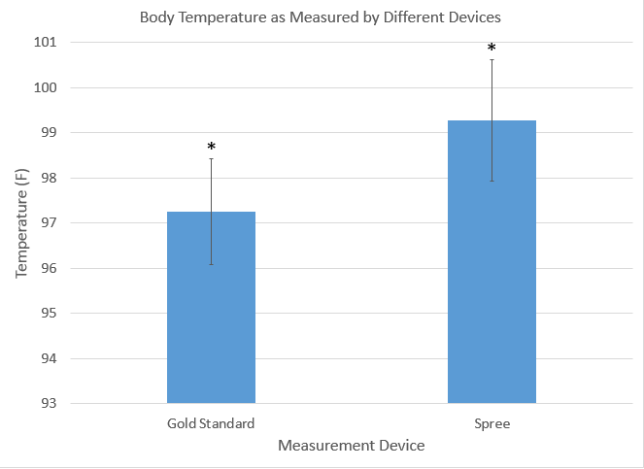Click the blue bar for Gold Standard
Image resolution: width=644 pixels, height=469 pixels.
(x=211, y=320)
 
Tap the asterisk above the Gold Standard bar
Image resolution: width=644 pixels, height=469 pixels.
(x=211, y=148)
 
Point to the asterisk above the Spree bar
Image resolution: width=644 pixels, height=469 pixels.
(x=491, y=49)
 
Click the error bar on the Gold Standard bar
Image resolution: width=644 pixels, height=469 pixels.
(x=211, y=189)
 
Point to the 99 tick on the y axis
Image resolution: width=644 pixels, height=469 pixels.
(x=48, y=133)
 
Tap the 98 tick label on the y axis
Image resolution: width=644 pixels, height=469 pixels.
(x=48, y=178)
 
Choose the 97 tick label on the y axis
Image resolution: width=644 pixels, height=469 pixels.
(x=48, y=223)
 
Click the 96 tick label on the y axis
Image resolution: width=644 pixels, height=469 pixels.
(x=48, y=268)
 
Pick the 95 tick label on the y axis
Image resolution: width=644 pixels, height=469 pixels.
(x=48, y=314)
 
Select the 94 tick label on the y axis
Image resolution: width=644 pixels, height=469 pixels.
(x=48, y=358)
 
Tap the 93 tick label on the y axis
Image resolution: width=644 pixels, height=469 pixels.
(x=48, y=403)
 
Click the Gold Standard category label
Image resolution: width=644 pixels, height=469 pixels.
(x=211, y=424)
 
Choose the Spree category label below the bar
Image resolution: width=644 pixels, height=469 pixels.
(x=491, y=424)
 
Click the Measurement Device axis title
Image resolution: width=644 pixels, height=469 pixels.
(x=351, y=446)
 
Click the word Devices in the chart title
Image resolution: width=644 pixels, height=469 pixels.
(x=476, y=17)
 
